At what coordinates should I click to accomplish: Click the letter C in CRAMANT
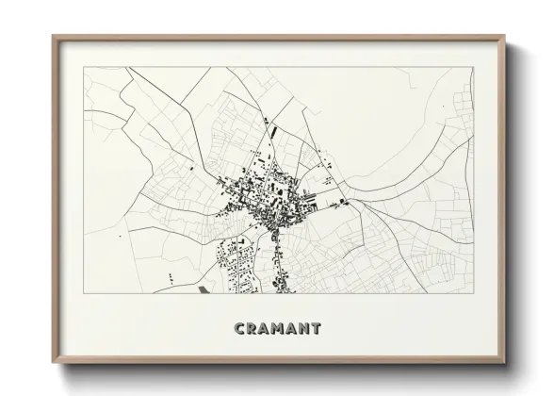pyautogui.click(x=236, y=329)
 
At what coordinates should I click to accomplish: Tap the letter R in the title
pyautogui.click(x=250, y=329)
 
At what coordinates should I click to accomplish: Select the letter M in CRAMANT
pyautogui.click(x=278, y=329)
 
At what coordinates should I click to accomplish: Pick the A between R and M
pyautogui.click(x=263, y=329)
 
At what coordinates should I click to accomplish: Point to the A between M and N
pyautogui.click(x=293, y=329)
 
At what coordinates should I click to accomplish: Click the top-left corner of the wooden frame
pyautogui.click(x=53, y=36)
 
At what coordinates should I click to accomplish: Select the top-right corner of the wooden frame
pyautogui.click(x=507, y=36)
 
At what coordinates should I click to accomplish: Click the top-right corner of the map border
pyautogui.click(x=473, y=67)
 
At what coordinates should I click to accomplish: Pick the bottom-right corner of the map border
pyautogui.click(x=473, y=294)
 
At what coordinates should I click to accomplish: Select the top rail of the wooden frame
pyautogui.click(x=280, y=38)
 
